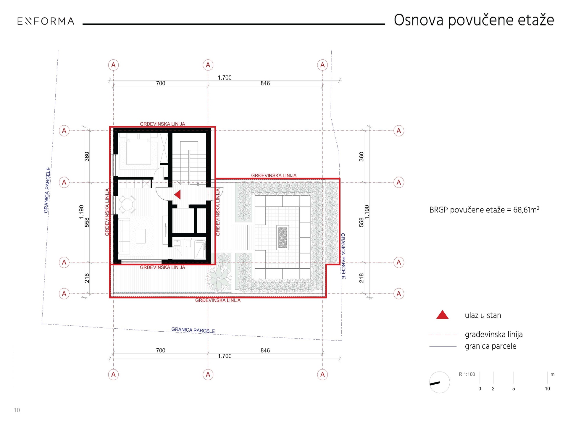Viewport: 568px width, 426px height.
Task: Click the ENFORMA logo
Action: (x=46, y=21)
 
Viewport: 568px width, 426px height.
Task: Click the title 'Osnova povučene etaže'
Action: (x=474, y=20)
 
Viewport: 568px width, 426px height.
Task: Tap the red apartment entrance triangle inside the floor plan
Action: (x=177, y=195)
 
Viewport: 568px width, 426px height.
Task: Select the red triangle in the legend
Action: (x=442, y=314)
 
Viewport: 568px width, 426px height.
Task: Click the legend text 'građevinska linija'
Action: (x=493, y=335)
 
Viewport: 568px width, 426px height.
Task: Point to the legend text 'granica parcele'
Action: (x=490, y=346)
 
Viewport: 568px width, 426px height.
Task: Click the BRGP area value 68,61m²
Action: (x=526, y=210)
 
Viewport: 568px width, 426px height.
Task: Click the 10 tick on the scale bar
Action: (x=547, y=389)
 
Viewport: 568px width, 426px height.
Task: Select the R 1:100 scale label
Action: (x=467, y=374)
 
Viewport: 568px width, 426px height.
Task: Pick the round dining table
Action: (x=127, y=204)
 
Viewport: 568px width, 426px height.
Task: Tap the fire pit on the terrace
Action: (x=283, y=238)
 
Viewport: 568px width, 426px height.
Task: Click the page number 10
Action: (x=17, y=410)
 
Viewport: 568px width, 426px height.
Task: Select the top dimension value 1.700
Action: (x=225, y=78)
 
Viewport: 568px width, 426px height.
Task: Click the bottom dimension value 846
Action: (x=265, y=350)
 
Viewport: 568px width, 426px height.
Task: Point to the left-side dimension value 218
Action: (x=87, y=278)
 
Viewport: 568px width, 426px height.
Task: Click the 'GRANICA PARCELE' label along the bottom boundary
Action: (x=193, y=330)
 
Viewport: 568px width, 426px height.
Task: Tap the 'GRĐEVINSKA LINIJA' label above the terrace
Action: (x=274, y=175)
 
